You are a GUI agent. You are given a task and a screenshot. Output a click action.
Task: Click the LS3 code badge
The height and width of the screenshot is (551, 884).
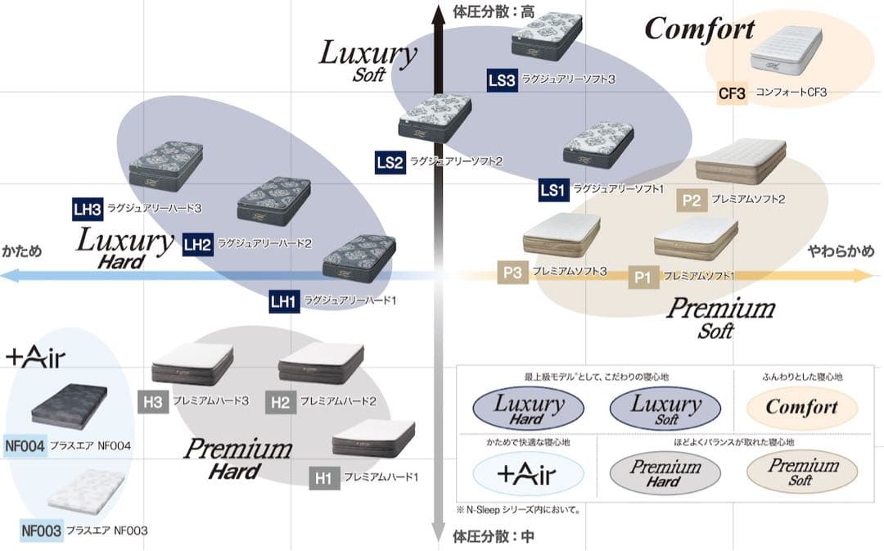(x=502, y=80)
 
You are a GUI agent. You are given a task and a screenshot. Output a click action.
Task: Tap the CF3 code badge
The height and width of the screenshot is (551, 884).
(x=732, y=93)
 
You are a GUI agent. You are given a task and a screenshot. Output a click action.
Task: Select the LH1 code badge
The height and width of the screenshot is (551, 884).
(x=282, y=301)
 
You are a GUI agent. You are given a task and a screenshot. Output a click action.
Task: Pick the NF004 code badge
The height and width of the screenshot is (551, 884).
(x=25, y=445)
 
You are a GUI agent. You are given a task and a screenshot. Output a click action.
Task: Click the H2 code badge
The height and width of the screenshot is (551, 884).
(x=280, y=402)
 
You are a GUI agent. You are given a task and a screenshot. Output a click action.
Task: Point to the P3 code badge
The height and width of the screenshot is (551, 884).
(x=512, y=273)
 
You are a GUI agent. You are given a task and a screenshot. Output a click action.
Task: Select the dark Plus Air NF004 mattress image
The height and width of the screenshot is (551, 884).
(x=69, y=404)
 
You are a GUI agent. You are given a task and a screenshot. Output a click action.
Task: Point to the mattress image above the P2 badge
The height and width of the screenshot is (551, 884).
(x=740, y=160)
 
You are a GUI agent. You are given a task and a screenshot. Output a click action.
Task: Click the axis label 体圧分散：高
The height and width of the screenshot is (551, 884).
(x=483, y=11)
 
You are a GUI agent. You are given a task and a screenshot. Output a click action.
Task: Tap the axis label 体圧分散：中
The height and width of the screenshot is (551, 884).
(x=483, y=538)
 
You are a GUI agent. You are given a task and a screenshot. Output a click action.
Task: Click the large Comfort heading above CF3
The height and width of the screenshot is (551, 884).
(x=700, y=29)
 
